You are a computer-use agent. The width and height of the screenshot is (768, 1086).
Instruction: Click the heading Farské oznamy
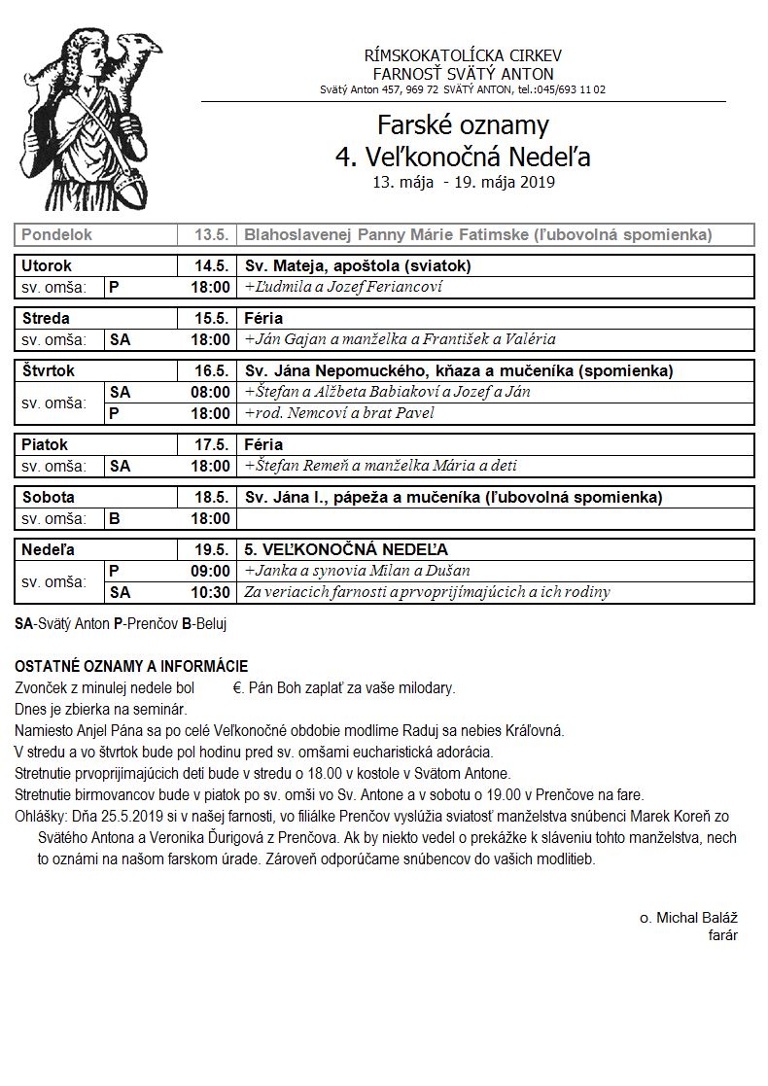[463, 125]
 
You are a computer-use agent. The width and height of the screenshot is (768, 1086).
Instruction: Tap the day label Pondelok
[56, 235]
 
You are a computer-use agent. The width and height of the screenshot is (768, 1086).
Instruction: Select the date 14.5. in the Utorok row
[211, 265]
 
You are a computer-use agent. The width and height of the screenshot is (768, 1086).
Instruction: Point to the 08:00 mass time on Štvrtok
[211, 392]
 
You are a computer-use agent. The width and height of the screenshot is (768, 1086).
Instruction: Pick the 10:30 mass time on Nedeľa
[211, 592]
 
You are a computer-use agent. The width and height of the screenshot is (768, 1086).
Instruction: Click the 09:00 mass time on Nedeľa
[211, 571]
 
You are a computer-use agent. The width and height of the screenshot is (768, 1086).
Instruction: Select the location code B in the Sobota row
[115, 518]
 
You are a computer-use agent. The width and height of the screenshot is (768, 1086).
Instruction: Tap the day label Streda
[46, 318]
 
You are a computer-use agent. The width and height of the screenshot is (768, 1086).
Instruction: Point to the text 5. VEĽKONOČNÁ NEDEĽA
[346, 549]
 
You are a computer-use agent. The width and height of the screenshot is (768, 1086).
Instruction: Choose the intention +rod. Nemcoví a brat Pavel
[339, 413]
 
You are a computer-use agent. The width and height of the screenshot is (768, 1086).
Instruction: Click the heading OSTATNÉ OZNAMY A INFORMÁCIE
[131, 666]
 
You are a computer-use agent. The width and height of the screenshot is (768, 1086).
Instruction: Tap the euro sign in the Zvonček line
[237, 688]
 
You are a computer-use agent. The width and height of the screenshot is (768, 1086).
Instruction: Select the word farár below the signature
[723, 935]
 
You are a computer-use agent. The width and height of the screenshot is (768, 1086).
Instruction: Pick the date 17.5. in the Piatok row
[211, 444]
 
